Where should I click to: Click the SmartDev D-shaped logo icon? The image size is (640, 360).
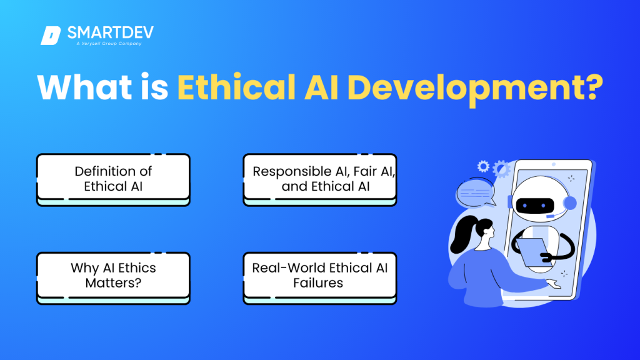pyautogui.click(x=50, y=36)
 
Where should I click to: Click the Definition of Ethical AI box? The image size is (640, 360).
pyautogui.click(x=113, y=178)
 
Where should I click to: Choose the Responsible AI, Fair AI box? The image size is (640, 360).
pyautogui.click(x=320, y=178)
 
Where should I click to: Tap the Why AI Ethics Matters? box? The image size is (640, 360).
pyautogui.click(x=113, y=276)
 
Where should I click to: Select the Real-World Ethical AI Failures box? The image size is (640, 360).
pyautogui.click(x=320, y=276)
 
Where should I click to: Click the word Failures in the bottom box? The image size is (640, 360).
pyautogui.click(x=319, y=283)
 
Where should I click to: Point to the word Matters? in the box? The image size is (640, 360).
pyautogui.click(x=113, y=283)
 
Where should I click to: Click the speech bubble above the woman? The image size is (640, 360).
pyautogui.click(x=475, y=192)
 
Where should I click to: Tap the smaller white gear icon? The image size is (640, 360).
pyautogui.click(x=483, y=166)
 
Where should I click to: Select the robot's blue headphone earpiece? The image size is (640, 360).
pyautogui.click(x=570, y=204)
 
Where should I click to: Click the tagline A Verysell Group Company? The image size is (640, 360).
pyautogui.click(x=105, y=43)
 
